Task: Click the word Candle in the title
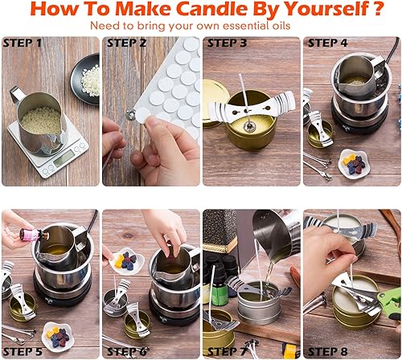pos(211,9)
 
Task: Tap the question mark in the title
pos(379,9)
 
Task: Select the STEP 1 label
pos(23,43)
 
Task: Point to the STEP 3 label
pos(227,43)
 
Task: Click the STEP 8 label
pos(327,351)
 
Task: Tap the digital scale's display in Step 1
pos(63,159)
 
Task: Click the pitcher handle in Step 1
pos(17,96)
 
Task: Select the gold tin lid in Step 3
pos(215,103)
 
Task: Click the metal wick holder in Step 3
pos(252,107)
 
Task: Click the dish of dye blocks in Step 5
pos(57,337)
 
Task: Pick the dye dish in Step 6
pos(126,261)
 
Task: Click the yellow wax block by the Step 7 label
pos(290,350)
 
